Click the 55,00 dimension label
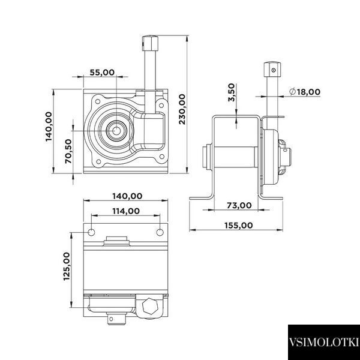[102, 73]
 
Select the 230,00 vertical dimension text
[182, 109]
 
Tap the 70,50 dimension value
[68, 151]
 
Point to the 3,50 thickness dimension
[232, 92]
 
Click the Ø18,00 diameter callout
[305, 92]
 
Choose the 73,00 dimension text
[239, 205]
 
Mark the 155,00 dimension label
[239, 226]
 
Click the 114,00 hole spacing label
[126, 211]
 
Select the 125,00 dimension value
[67, 266]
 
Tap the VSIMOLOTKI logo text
[324, 342]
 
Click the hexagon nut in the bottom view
[150, 306]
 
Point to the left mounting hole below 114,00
[91, 232]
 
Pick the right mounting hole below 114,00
[160, 232]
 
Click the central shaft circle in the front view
[116, 131]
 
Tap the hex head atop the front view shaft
[150, 43]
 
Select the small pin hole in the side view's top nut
[273, 70]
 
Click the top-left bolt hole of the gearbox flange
[98, 101]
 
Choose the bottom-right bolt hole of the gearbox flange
[162, 157]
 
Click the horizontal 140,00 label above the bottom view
[127, 196]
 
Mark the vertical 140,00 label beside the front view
[49, 127]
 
